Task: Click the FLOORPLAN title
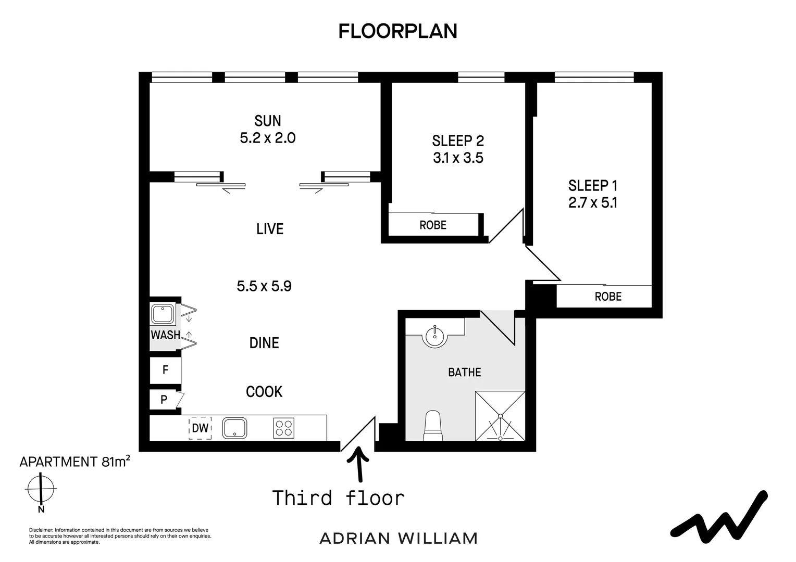coord(397,31)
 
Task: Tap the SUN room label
coord(268,121)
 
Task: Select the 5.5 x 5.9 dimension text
coord(264,286)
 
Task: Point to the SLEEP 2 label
coord(458,140)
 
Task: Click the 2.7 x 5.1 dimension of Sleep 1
coord(593,202)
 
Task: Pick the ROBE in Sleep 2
coord(433,225)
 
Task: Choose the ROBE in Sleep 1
coord(608,296)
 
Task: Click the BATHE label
coord(465,372)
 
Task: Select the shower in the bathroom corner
coord(500,416)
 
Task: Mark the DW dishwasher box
coord(200,428)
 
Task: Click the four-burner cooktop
coord(283,428)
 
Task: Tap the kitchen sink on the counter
coord(235,428)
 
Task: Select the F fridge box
coord(165,370)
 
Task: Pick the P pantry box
coord(164,400)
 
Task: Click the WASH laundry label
coord(165,335)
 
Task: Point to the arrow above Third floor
coord(358,464)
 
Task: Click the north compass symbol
coord(41,489)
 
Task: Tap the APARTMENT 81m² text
coord(74,462)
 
